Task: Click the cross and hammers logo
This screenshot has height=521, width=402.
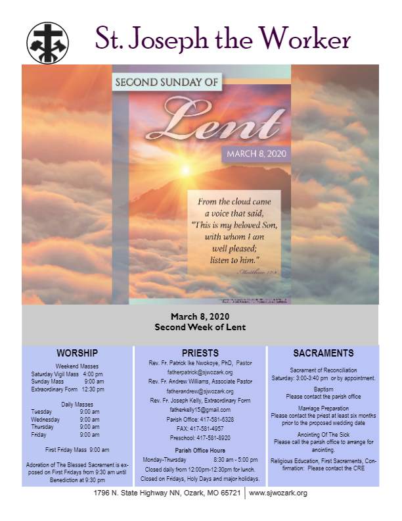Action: [x=47, y=43]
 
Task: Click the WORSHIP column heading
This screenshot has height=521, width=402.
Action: [x=77, y=353]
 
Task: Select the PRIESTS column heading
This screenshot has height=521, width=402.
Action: [x=200, y=353]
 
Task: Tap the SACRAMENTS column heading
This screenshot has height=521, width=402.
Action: [x=323, y=353]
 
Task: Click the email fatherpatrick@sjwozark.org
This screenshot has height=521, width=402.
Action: [x=200, y=372]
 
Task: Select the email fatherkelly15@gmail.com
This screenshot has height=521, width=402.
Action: [x=200, y=410]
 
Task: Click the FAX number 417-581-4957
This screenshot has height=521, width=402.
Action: [x=200, y=428]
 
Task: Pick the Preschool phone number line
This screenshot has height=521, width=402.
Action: [x=200, y=437]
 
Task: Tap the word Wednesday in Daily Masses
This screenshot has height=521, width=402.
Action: [x=45, y=419]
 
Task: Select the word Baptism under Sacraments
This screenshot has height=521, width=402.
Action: [x=323, y=389]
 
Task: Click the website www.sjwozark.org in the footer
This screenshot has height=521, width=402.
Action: [x=278, y=493]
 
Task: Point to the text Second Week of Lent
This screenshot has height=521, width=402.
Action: [x=200, y=326]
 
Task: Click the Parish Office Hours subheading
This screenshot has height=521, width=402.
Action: [x=200, y=451]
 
